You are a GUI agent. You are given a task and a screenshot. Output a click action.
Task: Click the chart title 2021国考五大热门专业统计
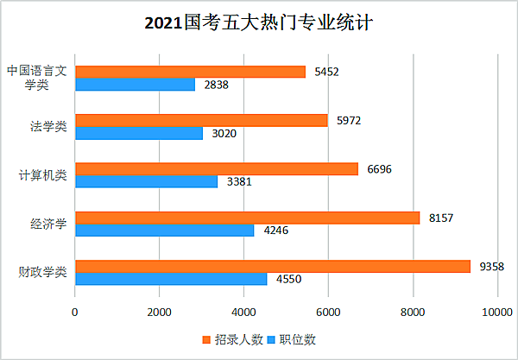click(x=259, y=22)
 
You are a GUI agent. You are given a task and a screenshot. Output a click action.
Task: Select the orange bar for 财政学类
click(x=273, y=266)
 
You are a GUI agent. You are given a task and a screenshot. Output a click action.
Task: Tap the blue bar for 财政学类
click(x=171, y=279)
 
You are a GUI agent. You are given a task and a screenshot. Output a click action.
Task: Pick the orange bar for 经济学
click(x=247, y=218)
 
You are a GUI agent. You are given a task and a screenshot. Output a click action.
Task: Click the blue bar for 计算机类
click(x=147, y=181)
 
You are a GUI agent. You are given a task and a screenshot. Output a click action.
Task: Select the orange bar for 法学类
click(x=201, y=120)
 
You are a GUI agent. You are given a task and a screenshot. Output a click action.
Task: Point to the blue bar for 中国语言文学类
click(x=136, y=85)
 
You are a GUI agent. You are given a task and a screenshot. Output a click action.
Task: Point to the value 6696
click(x=379, y=169)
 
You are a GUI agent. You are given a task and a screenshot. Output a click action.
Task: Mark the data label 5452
click(x=325, y=72)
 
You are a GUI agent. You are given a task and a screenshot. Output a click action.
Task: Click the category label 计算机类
click(x=43, y=175)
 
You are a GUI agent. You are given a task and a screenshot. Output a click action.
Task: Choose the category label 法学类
click(x=48, y=127)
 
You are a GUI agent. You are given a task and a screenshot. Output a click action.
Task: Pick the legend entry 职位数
click(x=292, y=339)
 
